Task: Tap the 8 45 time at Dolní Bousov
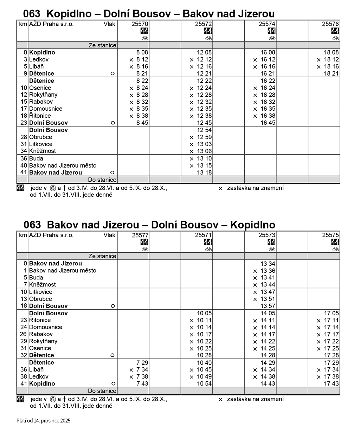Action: (x=142, y=123)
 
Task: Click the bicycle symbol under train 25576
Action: (x=336, y=38)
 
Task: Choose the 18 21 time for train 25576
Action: (x=331, y=73)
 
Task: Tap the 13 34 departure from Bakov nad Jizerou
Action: (x=268, y=264)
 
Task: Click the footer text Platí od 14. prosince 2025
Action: (x=43, y=420)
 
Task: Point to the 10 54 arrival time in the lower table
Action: (x=204, y=384)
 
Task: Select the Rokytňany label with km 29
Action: (x=43, y=341)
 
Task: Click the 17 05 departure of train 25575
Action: (x=331, y=313)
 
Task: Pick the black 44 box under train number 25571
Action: (x=208, y=242)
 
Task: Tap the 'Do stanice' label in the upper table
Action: (x=102, y=180)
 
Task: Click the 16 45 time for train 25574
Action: (x=268, y=123)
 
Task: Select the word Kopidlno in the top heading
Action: (x=67, y=14)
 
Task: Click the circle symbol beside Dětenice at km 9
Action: (x=112, y=73)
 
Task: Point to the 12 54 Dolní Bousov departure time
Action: (x=204, y=130)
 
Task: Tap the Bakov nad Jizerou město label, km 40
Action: (x=63, y=166)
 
